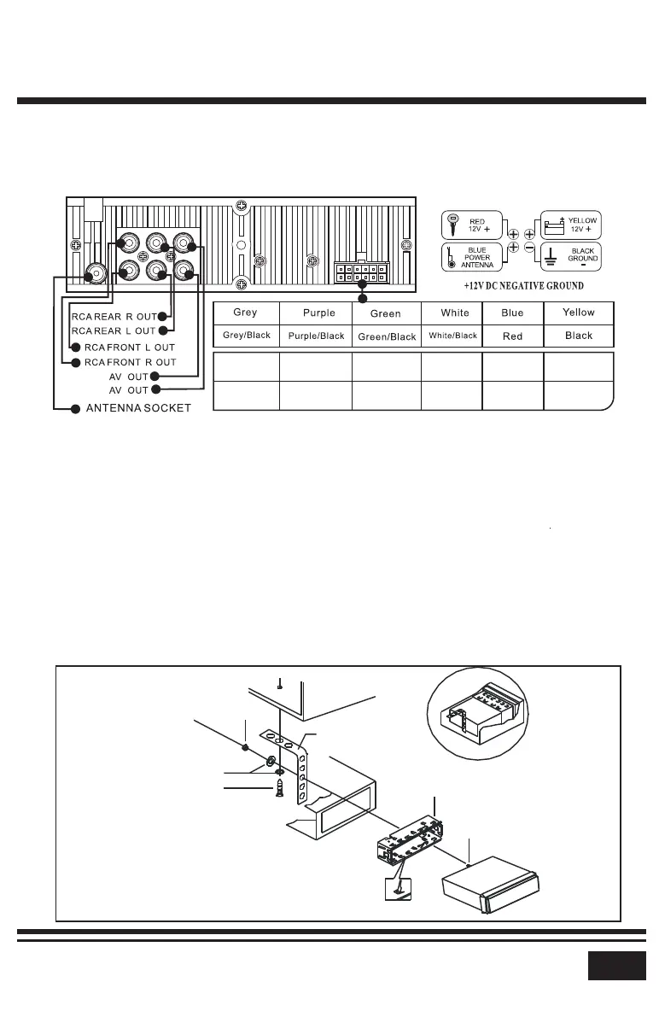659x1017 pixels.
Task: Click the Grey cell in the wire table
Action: (x=245, y=313)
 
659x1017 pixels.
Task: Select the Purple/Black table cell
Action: (x=316, y=336)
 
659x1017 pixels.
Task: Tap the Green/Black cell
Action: (x=387, y=336)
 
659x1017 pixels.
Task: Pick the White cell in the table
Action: (x=455, y=313)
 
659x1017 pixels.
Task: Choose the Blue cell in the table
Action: (x=512, y=313)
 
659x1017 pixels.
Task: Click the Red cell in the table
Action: (x=512, y=336)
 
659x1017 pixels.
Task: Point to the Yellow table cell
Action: (x=579, y=313)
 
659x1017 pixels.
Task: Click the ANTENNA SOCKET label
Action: (x=139, y=408)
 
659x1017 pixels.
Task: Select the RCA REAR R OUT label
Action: (x=114, y=317)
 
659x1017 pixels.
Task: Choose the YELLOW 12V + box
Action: (x=573, y=226)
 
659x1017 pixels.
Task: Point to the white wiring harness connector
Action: (x=359, y=272)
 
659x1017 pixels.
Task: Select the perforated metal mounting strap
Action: (x=301, y=769)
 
